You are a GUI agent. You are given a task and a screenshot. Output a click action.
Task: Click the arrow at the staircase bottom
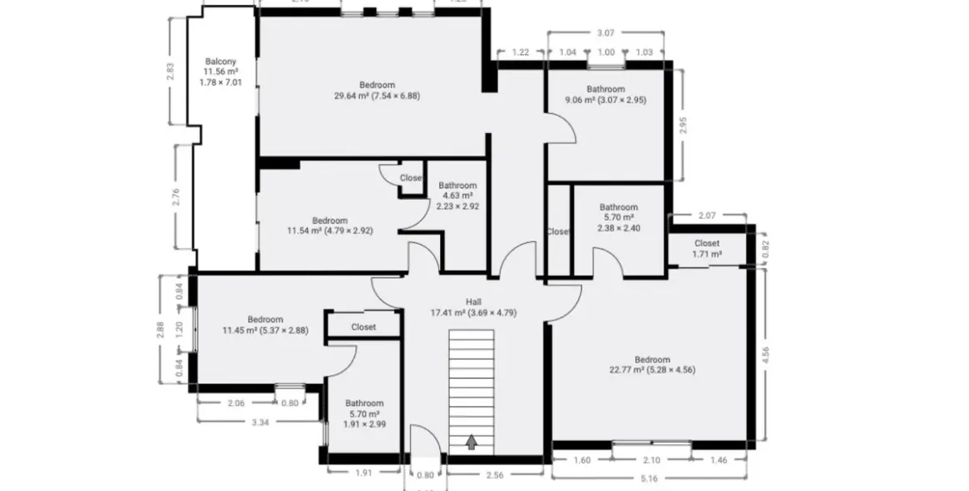point(472,442)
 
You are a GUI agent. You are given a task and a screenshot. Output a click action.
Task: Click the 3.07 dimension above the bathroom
point(605,32)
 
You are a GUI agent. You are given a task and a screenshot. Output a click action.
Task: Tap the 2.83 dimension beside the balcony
point(171,72)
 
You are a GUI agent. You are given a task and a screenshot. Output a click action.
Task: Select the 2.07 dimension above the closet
point(707,216)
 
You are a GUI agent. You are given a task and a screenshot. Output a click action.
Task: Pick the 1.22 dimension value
point(520,52)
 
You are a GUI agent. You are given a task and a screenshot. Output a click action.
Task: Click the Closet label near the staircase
point(363,327)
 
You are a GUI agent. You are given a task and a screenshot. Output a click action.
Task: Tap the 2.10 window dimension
point(651,459)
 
